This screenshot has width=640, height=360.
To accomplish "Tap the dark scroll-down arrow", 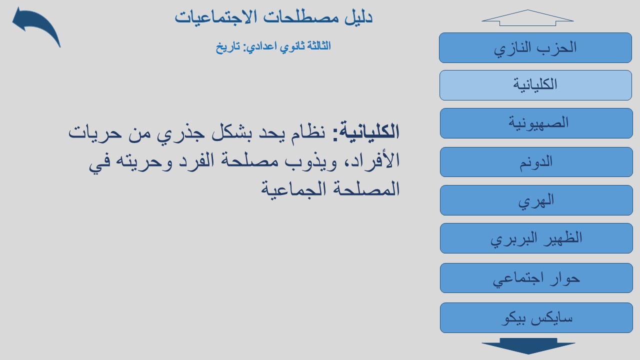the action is pyautogui.click(x=528, y=346).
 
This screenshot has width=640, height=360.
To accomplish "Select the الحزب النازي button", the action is pyautogui.click(x=535, y=47).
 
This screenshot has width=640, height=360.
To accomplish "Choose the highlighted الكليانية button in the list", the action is pyautogui.click(x=535, y=85).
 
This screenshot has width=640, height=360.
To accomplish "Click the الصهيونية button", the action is pyautogui.click(x=536, y=123).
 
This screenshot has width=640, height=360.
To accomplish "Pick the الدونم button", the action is pyautogui.click(x=536, y=162).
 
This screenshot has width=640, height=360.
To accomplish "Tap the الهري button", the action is pyautogui.click(x=536, y=200).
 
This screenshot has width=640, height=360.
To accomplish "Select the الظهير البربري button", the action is pyautogui.click(x=536, y=238).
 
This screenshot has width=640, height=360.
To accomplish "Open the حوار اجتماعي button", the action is pyautogui.click(x=536, y=278).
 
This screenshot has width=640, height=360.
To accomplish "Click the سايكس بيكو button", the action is pyautogui.click(x=536, y=317).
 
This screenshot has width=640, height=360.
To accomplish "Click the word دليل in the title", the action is pyautogui.click(x=358, y=17).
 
